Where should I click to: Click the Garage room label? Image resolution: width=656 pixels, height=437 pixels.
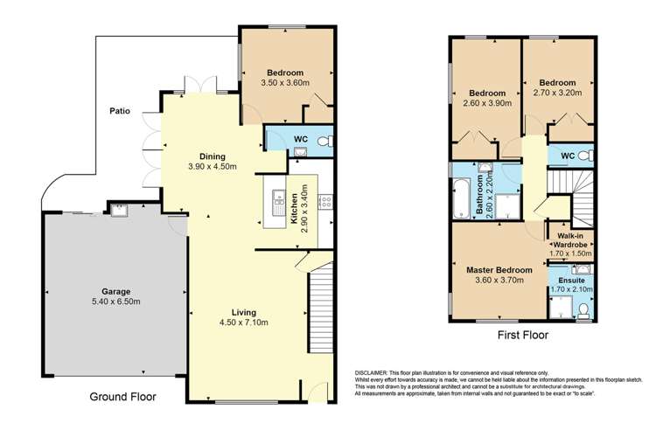click(x=115, y=291)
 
